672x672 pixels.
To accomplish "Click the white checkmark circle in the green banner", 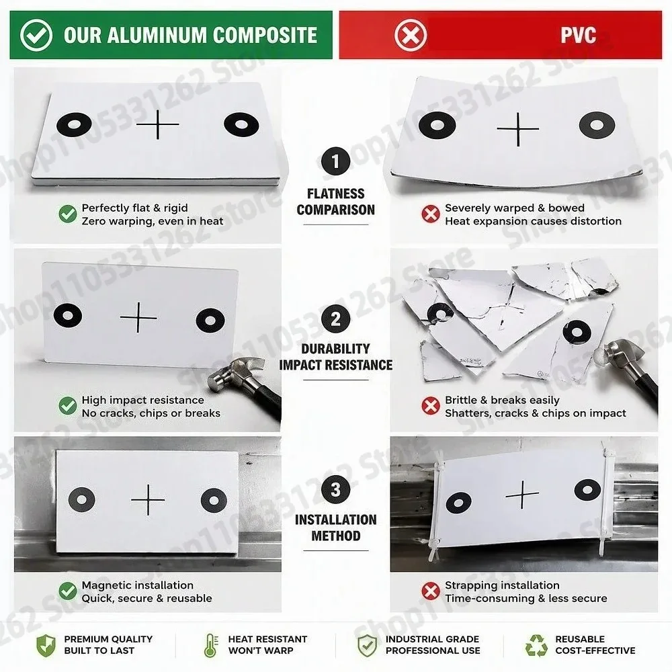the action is pos(36,35).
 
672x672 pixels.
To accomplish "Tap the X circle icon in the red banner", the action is pos(410,35).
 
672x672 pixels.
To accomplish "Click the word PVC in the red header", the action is pos(578,35).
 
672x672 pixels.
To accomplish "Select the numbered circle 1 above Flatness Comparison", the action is pos(335,161).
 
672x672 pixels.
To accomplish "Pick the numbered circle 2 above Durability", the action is pos(335,319).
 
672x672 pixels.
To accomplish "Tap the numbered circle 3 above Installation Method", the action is pos(335,489).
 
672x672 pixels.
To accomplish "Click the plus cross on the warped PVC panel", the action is pos(517,129).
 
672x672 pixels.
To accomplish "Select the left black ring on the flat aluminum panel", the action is pos(74,124).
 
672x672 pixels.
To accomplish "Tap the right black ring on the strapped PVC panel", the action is pos(587,490).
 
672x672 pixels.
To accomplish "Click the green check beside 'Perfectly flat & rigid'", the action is pos(68,214).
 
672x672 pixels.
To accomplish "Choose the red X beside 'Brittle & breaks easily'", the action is pos(431,406).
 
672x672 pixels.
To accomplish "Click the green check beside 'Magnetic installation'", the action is pos(68,591).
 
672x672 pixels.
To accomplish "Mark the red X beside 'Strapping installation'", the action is pos(431,591).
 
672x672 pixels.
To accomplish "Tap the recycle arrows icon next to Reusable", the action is pos(536,645).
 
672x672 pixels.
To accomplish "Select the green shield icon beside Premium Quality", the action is pos(46,645).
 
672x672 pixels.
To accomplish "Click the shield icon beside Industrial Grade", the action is pos(367,645).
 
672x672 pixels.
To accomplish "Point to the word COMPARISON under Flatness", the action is pos(335,210).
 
